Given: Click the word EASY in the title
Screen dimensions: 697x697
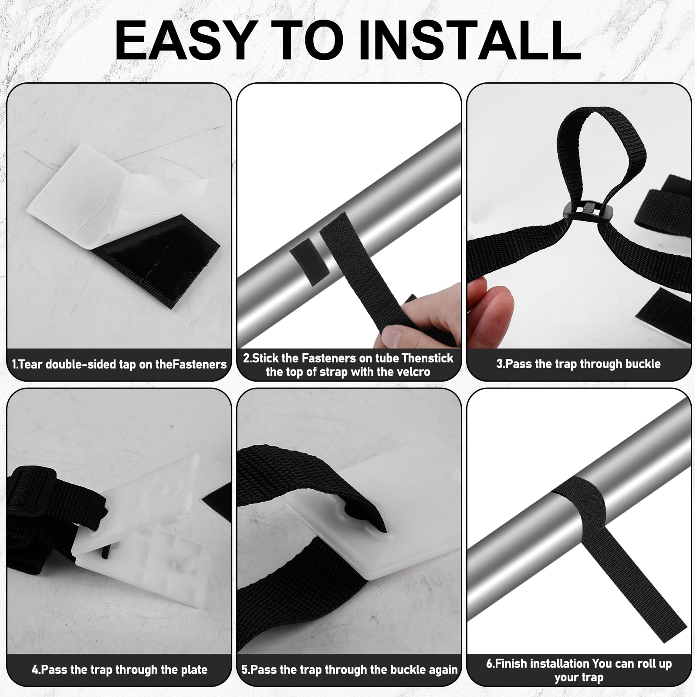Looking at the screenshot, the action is pos(184,41).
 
